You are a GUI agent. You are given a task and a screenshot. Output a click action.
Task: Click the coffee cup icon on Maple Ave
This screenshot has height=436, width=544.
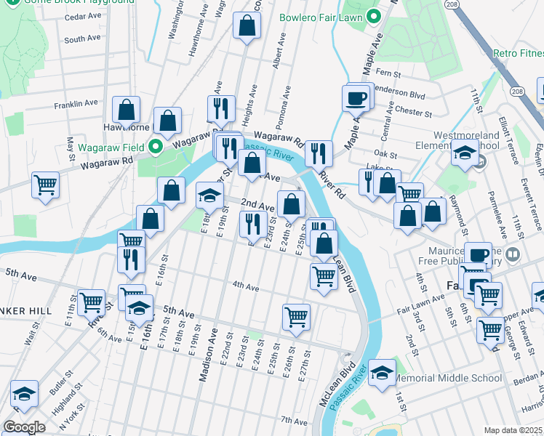pos(356,97)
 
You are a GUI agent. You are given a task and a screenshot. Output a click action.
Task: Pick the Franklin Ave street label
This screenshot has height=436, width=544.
pos(81,103)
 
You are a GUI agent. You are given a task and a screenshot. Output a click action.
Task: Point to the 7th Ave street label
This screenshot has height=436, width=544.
pos(295,421)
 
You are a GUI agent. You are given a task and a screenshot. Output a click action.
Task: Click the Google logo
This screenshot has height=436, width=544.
pos(24,427)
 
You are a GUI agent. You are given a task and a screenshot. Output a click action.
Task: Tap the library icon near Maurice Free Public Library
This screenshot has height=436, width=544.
pos(513,254)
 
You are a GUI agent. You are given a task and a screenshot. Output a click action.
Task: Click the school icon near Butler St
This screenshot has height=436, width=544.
pos(24,395)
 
